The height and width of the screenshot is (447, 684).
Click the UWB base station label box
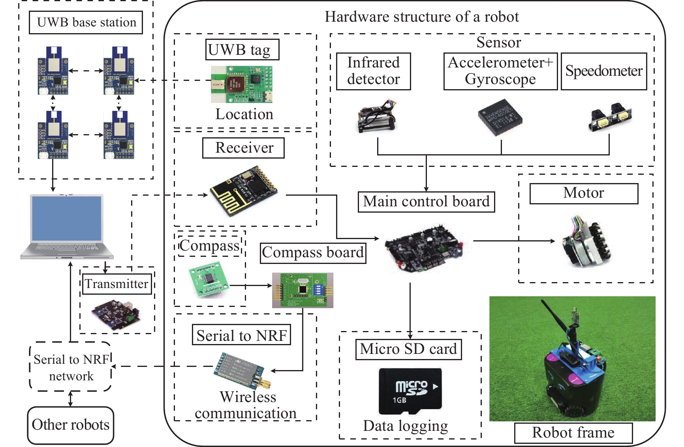coord(86,22)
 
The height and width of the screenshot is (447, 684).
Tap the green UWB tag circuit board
coord(242,84)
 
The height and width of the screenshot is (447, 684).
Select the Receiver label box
coord(243,148)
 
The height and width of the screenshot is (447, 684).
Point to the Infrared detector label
coord(373,71)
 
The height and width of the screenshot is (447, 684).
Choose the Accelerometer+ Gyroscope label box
coord(500,71)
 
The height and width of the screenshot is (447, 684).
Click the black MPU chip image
coord(500,117)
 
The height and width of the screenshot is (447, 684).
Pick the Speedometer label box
coord(603,71)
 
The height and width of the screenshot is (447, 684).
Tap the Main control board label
coord(426,202)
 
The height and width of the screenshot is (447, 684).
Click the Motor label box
coord(583,193)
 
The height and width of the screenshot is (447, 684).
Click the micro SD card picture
coord(410,391)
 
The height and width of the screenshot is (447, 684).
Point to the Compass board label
coord(313,253)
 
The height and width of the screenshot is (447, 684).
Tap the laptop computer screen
coord(67,218)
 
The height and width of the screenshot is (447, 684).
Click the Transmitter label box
coord(117,284)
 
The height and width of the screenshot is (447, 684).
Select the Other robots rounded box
coord(71,425)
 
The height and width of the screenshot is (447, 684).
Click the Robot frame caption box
coord(573,433)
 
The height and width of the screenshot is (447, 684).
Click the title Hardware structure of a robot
coord(421,17)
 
